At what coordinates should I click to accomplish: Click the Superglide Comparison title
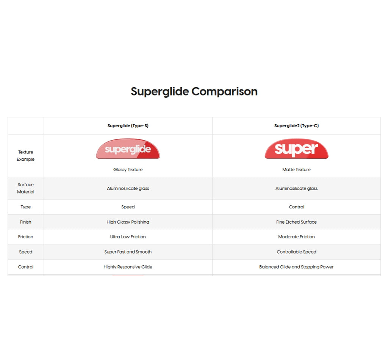tap(194, 91)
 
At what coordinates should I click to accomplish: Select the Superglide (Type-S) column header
tap(128, 126)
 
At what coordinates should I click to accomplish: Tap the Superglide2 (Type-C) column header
tap(296, 126)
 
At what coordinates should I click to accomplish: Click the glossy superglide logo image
tap(128, 149)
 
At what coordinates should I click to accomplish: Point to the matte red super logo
tap(296, 149)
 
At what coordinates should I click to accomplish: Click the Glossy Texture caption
tap(128, 170)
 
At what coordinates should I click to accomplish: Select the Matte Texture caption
tap(296, 170)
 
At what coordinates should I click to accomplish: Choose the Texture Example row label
tap(25, 156)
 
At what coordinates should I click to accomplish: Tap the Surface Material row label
tap(25, 188)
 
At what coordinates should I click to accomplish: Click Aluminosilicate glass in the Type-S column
tap(128, 188)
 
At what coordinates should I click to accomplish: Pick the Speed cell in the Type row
tap(128, 207)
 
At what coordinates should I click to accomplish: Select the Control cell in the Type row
tap(296, 207)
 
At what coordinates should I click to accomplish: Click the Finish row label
tap(25, 222)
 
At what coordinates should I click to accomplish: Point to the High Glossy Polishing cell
tap(128, 222)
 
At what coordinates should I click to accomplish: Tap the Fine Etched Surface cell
tap(296, 222)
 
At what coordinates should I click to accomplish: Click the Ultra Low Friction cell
tap(128, 237)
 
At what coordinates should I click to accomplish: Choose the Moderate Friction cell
tap(296, 237)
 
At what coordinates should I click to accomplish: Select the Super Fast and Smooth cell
tap(128, 252)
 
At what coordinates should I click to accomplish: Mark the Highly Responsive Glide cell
tap(128, 267)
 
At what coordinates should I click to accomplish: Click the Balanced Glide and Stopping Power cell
tap(296, 267)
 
